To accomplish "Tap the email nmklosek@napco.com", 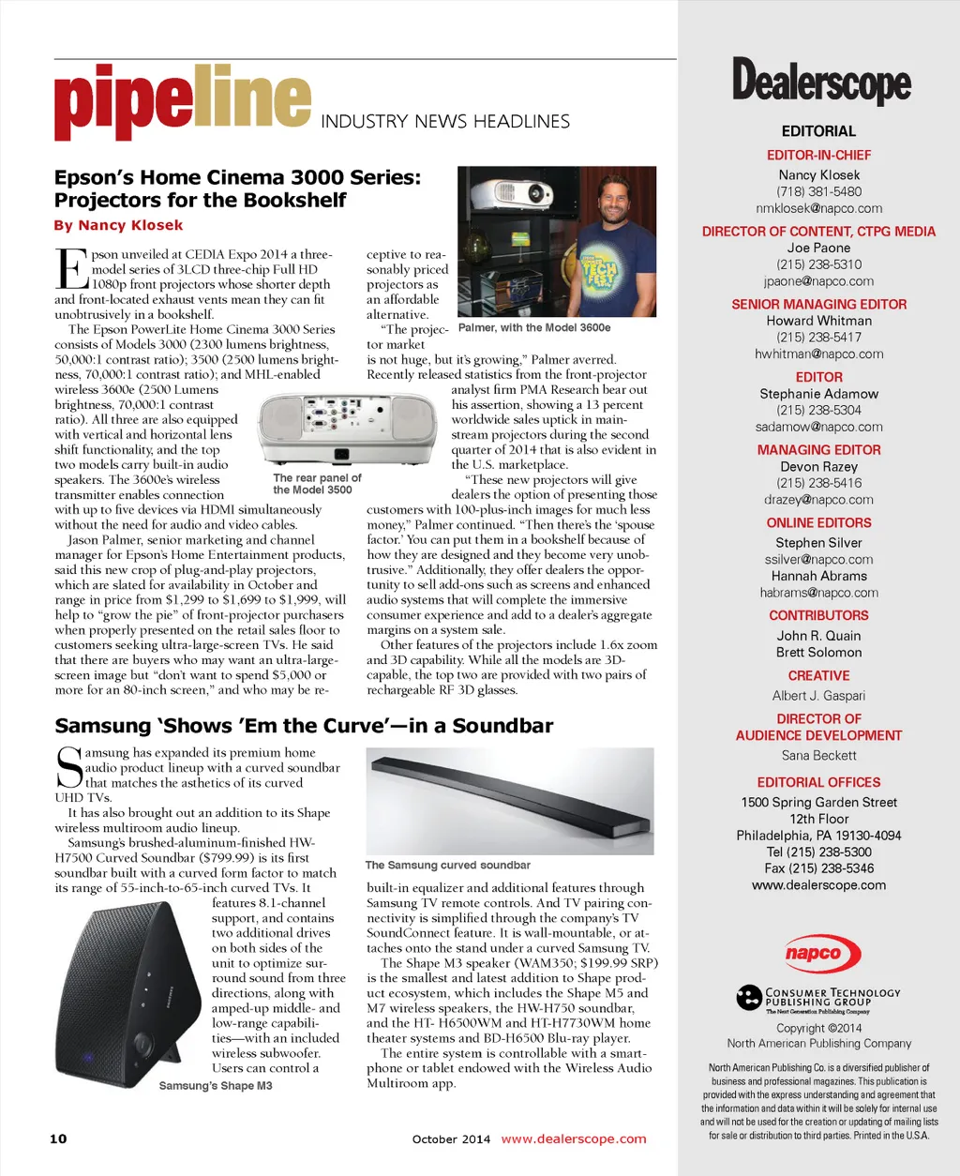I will [818, 208].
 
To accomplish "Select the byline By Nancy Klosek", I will [118, 225].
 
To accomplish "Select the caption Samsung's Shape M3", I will [216, 1085].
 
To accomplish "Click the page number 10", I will [58, 1138].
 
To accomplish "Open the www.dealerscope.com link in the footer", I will [574, 1138].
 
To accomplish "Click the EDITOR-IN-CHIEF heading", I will [818, 155].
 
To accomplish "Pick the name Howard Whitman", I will [818, 321].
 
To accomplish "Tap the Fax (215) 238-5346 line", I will [818, 868].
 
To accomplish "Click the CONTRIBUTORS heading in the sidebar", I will [818, 615].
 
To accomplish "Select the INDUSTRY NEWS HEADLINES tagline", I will [445, 122].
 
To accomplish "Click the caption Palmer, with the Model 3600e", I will [534, 327].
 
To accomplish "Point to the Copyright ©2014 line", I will [818, 1028].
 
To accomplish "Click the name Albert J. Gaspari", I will [818, 696].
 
